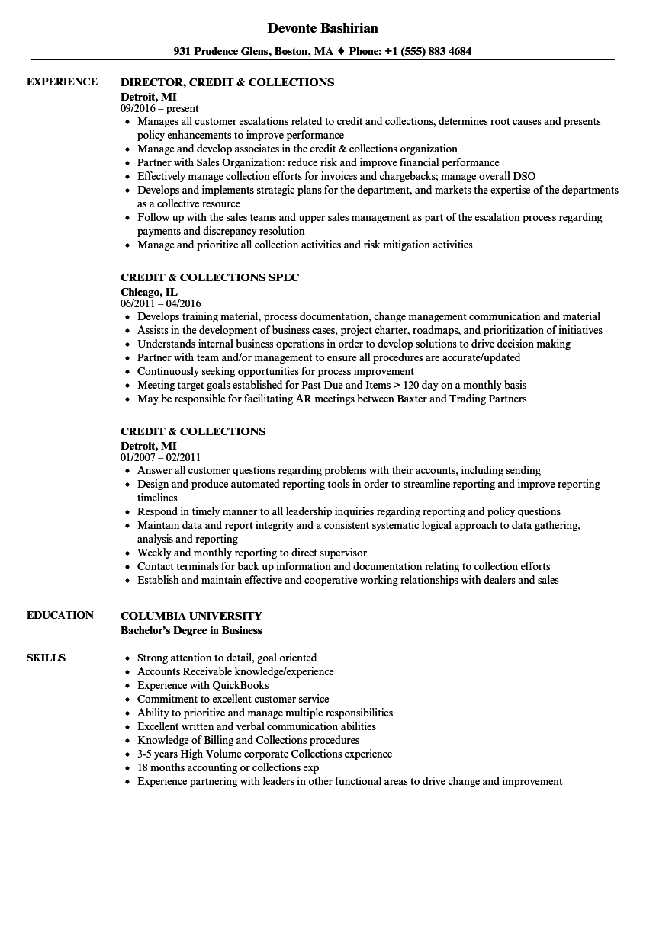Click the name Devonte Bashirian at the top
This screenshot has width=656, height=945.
(323, 28)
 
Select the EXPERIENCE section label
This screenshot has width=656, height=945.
(62, 82)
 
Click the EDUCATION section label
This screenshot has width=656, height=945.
(60, 615)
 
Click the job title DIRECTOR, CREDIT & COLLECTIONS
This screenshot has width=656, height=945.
(227, 82)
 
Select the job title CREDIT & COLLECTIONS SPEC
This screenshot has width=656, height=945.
(210, 277)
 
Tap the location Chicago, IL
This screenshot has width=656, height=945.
(149, 291)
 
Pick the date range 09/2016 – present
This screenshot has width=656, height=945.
(159, 108)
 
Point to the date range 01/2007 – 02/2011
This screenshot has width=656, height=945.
(160, 457)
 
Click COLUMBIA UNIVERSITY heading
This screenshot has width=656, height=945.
(191, 616)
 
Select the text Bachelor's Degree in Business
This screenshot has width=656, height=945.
(191, 630)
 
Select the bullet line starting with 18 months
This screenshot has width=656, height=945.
(228, 767)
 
